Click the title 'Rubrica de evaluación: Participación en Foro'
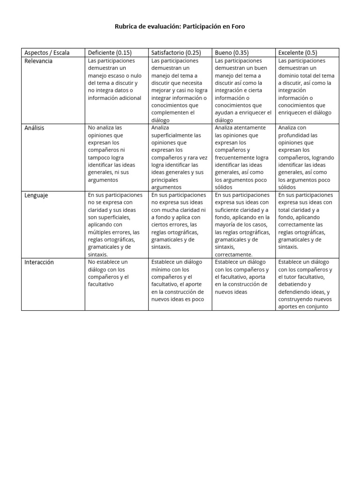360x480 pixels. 180,27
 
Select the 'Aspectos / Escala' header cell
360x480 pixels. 46,52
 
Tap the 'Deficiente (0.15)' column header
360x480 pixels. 109,52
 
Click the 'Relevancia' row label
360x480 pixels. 38,61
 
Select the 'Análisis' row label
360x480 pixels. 34,128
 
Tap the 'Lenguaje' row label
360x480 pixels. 36,195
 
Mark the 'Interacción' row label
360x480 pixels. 39,262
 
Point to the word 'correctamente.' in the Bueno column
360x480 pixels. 233,255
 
